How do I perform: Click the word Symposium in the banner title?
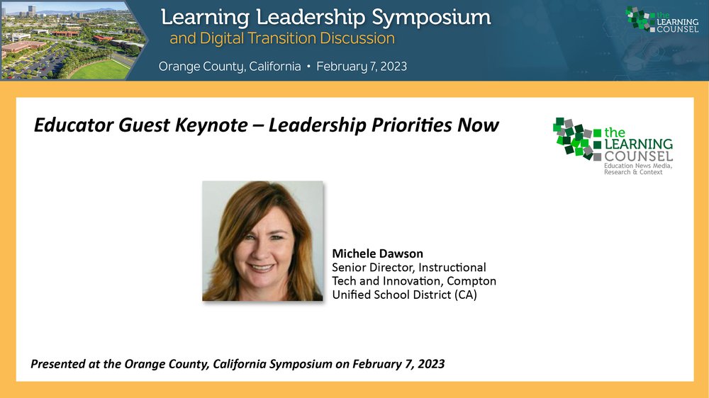(431, 18)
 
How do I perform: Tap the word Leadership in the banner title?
(311, 18)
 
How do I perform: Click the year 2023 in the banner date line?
(393, 67)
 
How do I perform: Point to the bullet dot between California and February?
(308, 67)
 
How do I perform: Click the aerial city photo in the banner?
(72, 40)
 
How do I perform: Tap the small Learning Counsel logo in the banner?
(662, 19)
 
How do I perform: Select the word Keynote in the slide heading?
(211, 125)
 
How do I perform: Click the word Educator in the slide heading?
(74, 125)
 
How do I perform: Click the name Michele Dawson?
(378, 254)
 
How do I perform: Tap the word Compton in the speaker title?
(471, 281)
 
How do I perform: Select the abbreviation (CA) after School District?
(466, 295)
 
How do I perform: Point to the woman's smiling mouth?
(261, 268)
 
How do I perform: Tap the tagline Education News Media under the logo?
(638, 166)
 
